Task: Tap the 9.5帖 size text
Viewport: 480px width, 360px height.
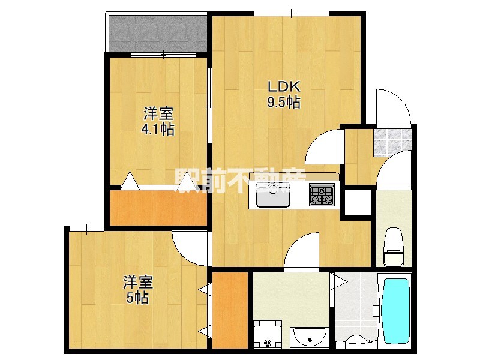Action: point(284,103)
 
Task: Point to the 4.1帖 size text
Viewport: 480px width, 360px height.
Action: point(158,129)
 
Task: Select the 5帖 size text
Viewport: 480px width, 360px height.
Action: point(137,298)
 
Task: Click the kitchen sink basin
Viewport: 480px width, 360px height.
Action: point(273,195)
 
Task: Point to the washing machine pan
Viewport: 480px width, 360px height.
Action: point(266,334)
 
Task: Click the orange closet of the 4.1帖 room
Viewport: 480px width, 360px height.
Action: point(158,208)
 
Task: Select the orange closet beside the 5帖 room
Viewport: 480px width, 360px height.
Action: point(230,310)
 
